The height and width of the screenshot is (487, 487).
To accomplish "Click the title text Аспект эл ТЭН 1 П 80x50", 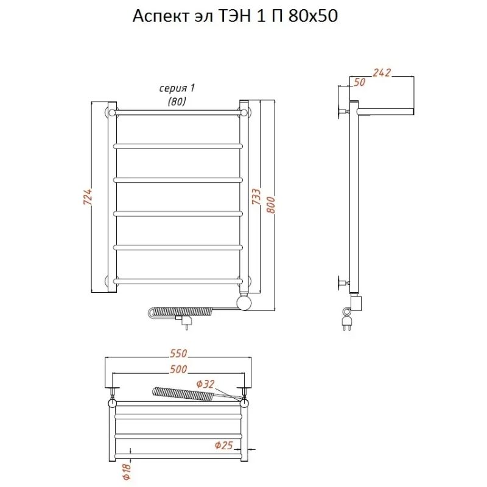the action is point(235,16).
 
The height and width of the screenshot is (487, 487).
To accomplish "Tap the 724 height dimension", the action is point(88,196).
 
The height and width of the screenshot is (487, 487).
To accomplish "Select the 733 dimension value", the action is point(256,196).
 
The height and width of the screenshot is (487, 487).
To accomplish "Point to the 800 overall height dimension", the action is point(271,205).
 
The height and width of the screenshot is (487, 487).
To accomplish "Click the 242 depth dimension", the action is point(382,72).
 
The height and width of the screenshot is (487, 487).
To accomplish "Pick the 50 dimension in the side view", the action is point(359,82).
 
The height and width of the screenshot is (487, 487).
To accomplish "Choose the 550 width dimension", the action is point(178,353).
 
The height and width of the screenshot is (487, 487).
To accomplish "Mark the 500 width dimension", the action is point(178,369).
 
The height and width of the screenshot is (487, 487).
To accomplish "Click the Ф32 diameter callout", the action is point(205,384).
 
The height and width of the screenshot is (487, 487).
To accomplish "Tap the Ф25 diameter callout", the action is point(223,445).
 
